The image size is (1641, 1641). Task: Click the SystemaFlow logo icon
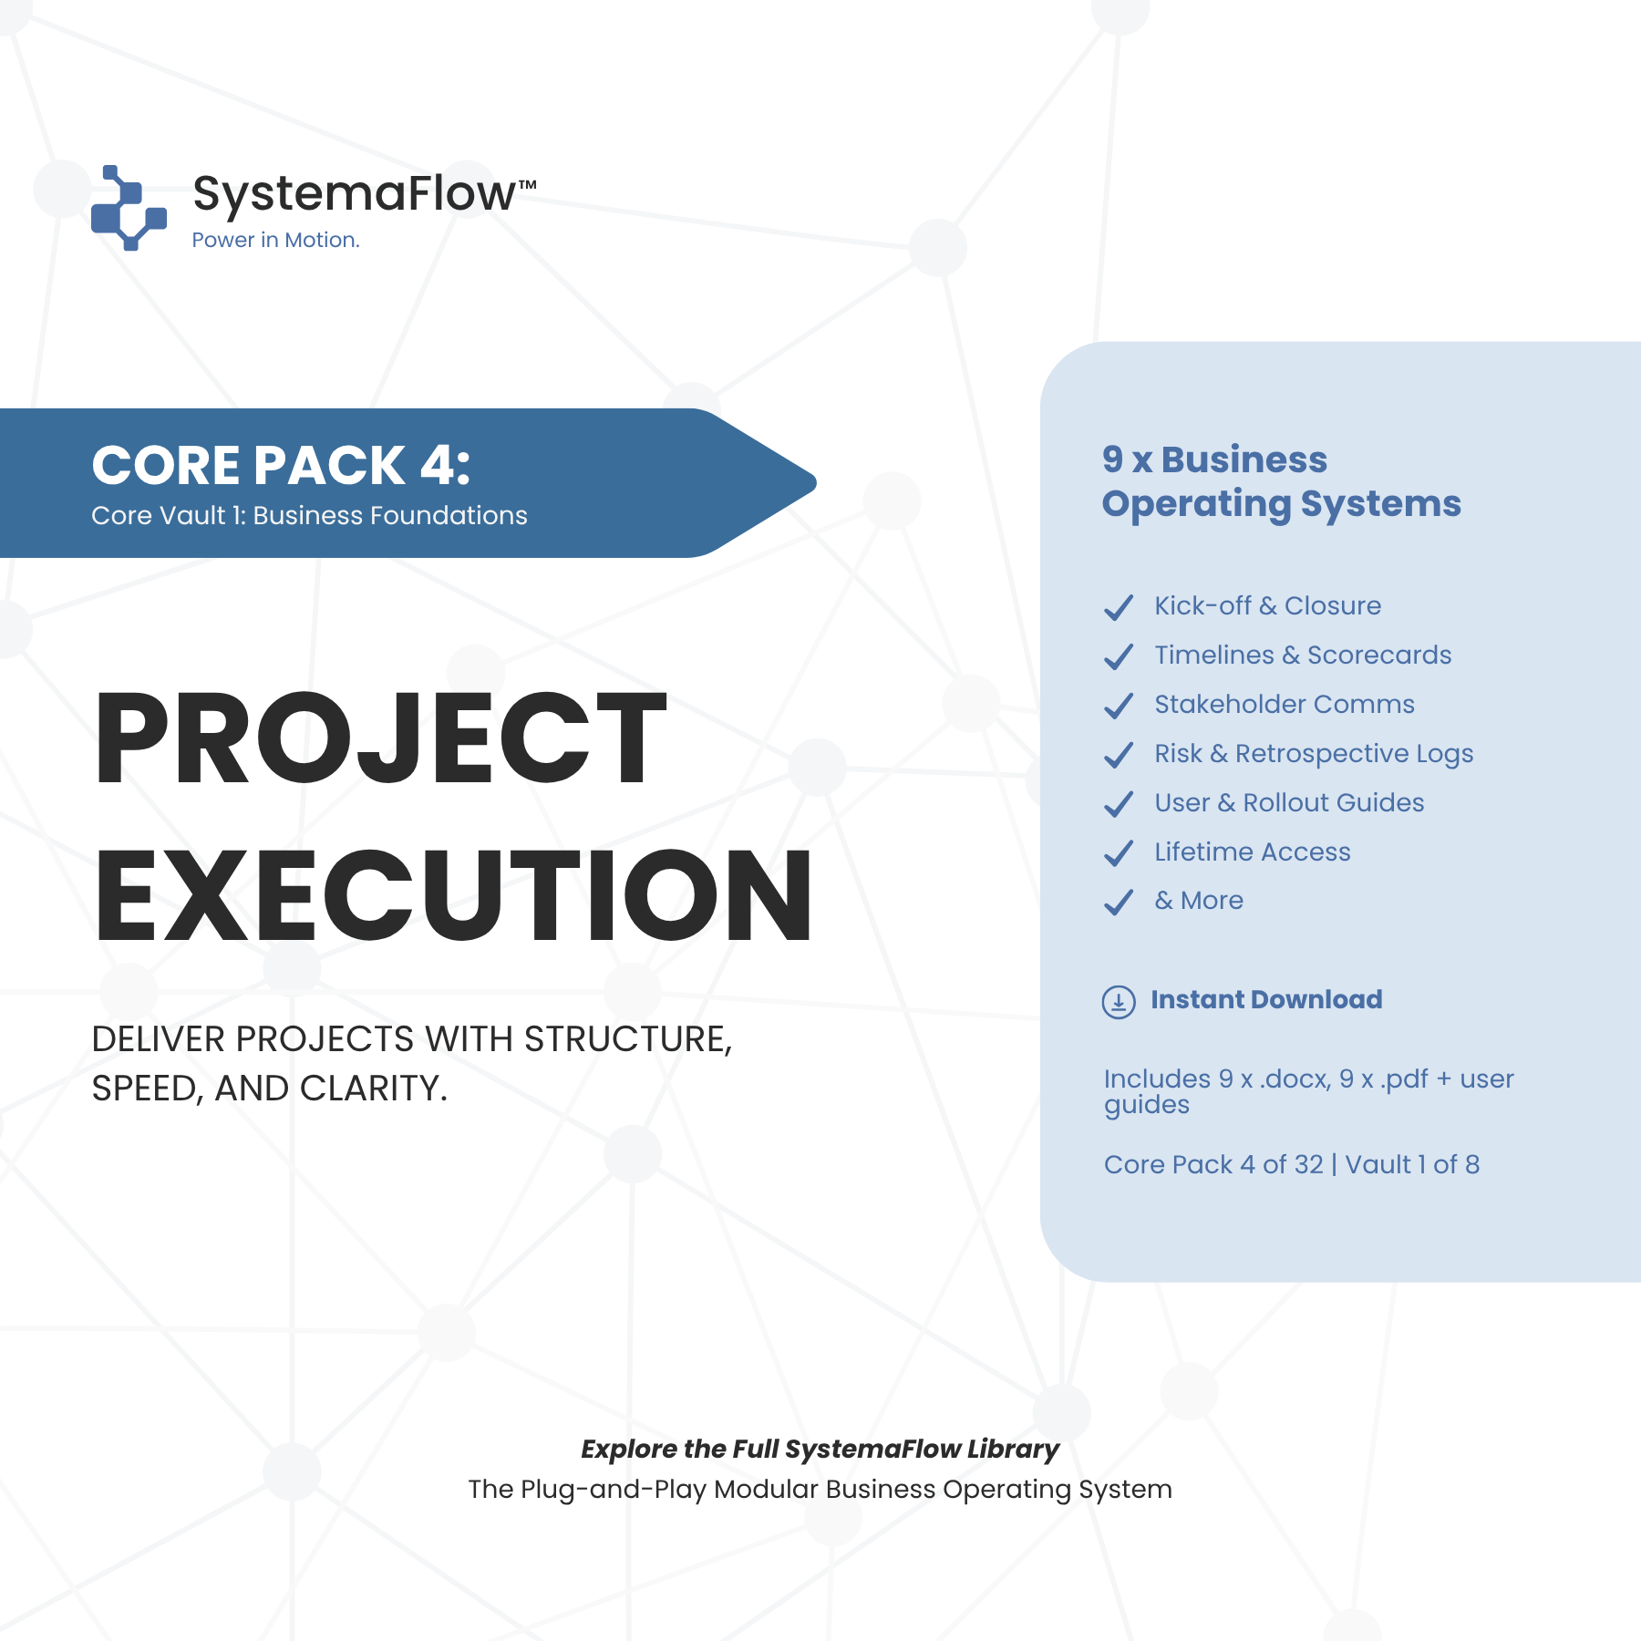point(129,208)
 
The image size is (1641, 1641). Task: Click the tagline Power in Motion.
point(275,240)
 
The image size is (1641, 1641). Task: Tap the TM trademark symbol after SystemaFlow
point(528,185)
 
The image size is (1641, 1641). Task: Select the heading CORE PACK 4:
point(281,465)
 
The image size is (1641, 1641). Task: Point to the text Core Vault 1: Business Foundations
point(309,515)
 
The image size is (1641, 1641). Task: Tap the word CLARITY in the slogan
point(374,1089)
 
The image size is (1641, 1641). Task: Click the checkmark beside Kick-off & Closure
point(1119,607)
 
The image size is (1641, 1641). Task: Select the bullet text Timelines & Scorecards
point(1303,655)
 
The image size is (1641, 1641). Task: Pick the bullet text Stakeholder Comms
point(1285,704)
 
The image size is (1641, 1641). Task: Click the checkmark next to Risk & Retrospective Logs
point(1119,755)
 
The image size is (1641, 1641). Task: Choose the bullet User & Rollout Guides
point(1289,802)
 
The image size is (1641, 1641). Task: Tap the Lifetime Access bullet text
point(1253,851)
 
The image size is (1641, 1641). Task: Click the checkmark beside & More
point(1119,902)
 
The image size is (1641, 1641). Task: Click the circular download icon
point(1119,1001)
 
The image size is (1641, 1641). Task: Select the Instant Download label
point(1266,999)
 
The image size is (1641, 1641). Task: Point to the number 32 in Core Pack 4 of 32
point(1308,1164)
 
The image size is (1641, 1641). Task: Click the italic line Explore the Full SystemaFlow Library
point(820,1449)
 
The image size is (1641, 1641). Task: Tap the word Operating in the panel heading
point(1196,504)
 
